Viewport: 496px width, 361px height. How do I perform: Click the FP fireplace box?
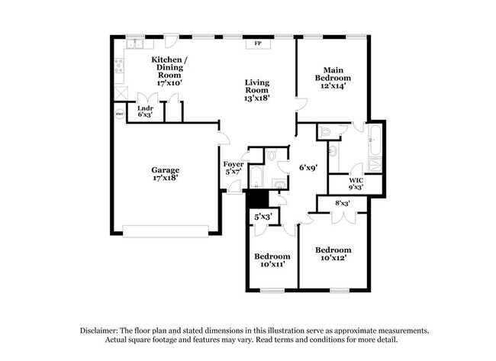coord(257,44)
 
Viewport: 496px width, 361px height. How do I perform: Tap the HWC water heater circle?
coord(120,115)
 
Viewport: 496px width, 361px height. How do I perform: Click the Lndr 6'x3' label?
coord(144,111)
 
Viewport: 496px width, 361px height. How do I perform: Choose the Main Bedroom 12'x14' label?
coord(333,78)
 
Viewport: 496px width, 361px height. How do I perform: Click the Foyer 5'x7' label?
coord(234,168)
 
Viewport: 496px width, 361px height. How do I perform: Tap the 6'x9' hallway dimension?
coord(308,166)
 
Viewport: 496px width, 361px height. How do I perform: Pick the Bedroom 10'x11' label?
coord(272,259)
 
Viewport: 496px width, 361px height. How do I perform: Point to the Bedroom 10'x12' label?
coord(333,254)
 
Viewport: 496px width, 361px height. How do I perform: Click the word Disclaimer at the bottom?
coord(103,331)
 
